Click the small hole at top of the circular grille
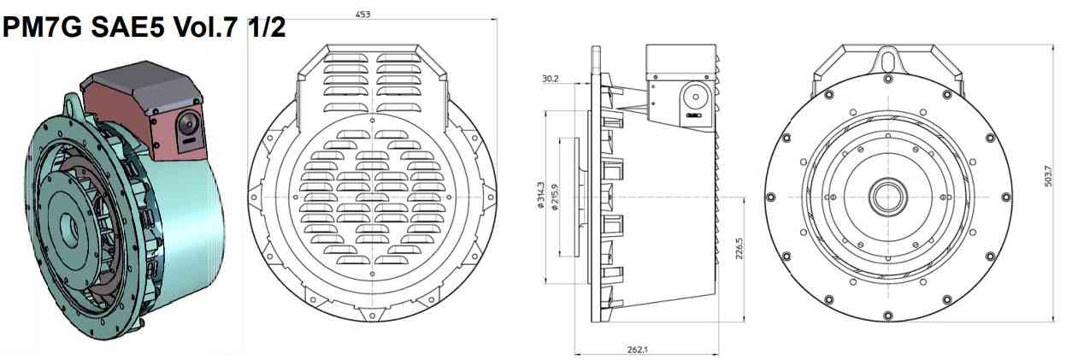(x=373, y=121)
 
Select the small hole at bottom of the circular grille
(x=373, y=274)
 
